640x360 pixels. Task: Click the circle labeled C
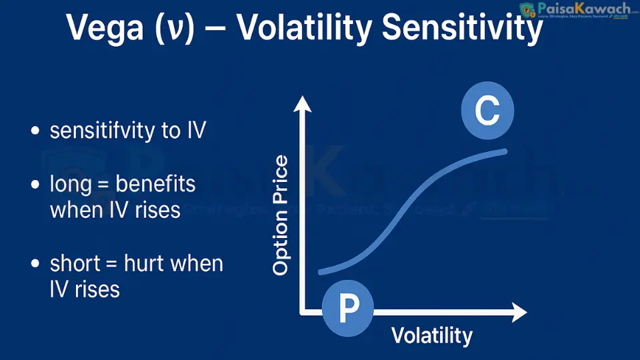487,112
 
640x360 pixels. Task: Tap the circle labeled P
348,306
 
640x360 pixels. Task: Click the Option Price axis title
281,215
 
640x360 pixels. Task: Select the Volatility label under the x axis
431,335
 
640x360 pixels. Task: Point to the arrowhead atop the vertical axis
303,103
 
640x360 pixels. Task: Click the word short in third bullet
73,263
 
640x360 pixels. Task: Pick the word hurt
146,263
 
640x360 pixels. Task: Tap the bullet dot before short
36,265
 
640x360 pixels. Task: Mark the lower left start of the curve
321,271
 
